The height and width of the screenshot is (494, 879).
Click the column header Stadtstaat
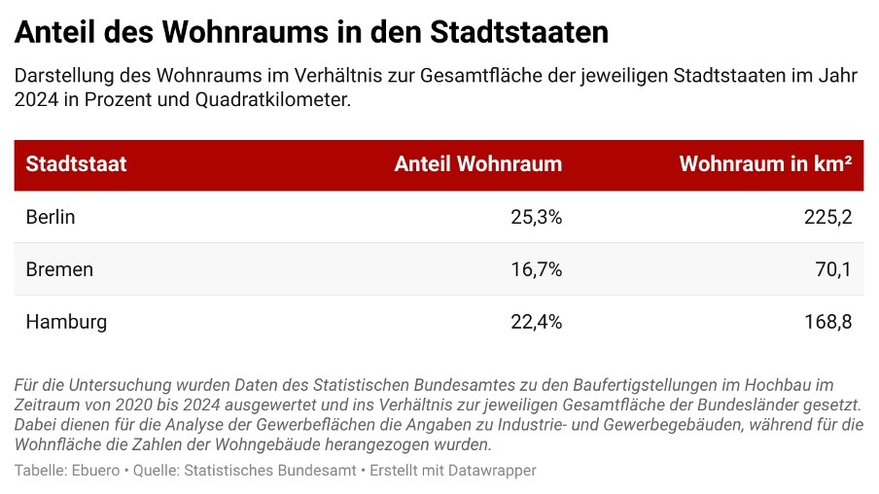point(76,164)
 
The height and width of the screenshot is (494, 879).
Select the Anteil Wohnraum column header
point(477,164)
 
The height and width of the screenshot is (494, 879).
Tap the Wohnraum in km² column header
point(765,164)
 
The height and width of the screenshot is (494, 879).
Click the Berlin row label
point(51,217)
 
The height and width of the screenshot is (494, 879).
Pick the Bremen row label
point(59,269)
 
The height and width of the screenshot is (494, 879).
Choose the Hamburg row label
point(66,322)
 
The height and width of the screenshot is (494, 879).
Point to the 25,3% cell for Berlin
point(536,217)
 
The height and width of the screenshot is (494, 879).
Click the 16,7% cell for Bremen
point(536,269)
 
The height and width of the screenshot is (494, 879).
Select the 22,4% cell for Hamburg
point(536,322)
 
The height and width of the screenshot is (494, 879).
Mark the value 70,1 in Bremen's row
point(833,269)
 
